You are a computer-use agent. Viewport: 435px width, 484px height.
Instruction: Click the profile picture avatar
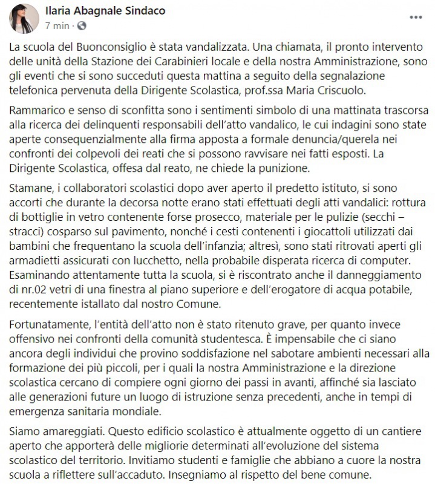click(x=24, y=18)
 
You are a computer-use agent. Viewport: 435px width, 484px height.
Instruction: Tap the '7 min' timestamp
click(x=57, y=26)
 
